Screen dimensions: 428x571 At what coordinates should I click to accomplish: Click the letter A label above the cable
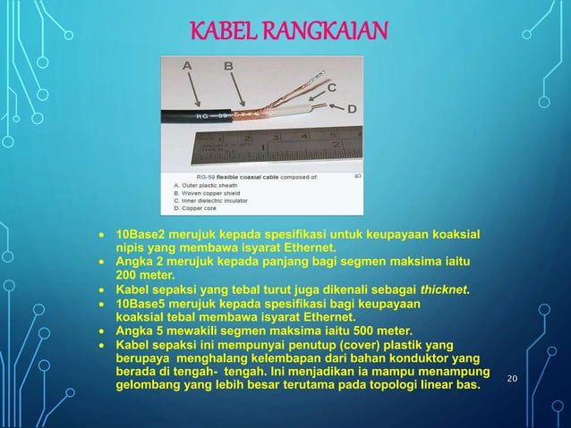(x=188, y=65)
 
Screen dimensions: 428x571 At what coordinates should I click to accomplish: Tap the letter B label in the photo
(x=228, y=65)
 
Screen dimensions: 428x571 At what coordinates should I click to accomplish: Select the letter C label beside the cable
(x=332, y=88)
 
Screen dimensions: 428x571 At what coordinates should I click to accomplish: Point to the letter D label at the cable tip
(x=352, y=108)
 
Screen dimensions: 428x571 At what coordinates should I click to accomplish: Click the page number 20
(x=513, y=380)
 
